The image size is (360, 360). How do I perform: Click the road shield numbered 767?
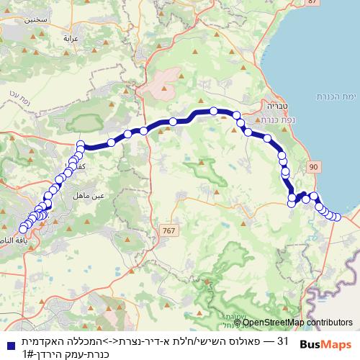point(168,230)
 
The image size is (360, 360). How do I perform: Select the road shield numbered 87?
point(312,3)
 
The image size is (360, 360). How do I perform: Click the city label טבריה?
point(278,104)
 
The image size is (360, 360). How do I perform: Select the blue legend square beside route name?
point(8,342)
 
